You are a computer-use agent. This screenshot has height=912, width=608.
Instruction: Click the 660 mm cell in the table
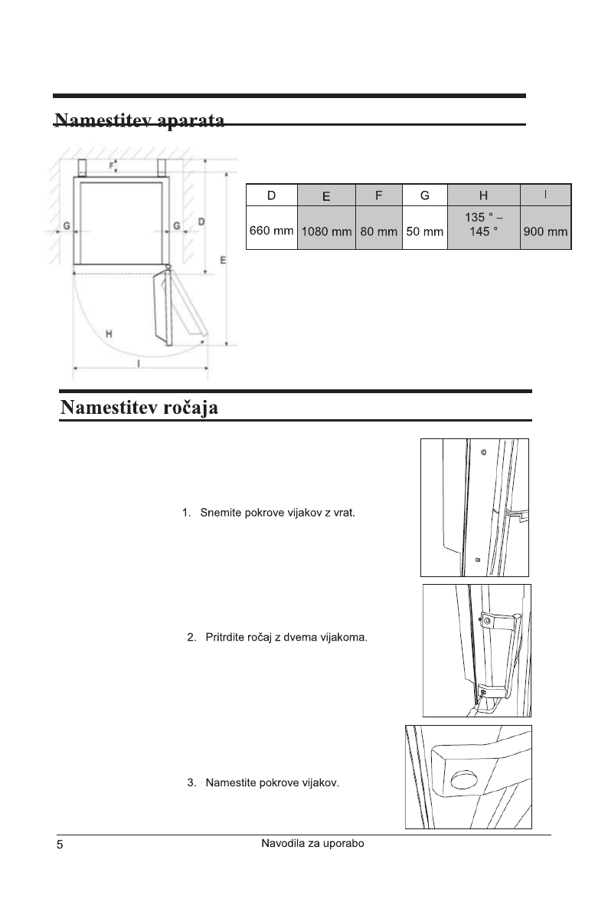click(x=272, y=231)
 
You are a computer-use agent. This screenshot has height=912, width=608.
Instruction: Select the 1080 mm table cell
click(x=325, y=231)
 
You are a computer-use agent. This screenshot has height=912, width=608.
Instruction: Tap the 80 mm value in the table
click(x=378, y=231)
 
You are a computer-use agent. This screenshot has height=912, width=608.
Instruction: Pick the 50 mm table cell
click(x=424, y=231)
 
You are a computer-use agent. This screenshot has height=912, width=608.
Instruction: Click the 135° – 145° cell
click(x=483, y=225)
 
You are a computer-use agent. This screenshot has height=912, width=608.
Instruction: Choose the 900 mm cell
click(x=545, y=231)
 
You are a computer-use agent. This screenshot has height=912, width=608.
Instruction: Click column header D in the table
click(x=272, y=195)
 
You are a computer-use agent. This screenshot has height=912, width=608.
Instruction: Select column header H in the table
click(x=483, y=195)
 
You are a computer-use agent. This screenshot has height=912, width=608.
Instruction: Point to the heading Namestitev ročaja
click(x=140, y=407)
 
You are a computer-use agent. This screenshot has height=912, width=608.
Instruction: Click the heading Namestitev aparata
click(x=139, y=121)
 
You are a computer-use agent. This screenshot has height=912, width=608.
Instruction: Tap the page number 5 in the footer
click(x=60, y=846)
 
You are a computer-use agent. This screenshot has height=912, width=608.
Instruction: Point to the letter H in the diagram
click(x=110, y=333)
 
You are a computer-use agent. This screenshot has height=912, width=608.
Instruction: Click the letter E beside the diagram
click(x=223, y=261)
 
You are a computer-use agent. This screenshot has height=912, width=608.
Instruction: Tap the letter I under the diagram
click(x=139, y=363)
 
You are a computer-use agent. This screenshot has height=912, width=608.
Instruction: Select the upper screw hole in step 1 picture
click(x=482, y=451)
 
